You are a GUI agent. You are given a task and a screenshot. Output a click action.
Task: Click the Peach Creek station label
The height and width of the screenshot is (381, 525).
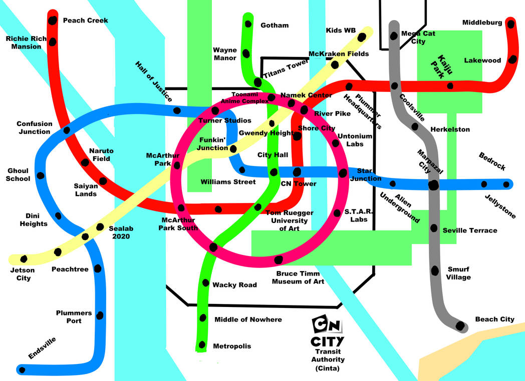[x=85, y=20]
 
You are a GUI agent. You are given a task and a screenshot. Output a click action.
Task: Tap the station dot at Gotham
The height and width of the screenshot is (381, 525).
[x=247, y=23]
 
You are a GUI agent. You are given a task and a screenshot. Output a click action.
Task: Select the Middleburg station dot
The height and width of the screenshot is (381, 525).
[x=510, y=24]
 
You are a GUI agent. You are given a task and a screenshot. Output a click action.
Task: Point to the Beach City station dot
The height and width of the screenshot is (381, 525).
[x=460, y=326]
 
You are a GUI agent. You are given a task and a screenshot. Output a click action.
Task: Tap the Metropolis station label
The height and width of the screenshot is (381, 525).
[x=232, y=346]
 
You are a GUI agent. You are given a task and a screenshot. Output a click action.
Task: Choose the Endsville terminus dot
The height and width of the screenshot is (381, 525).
[x=21, y=370]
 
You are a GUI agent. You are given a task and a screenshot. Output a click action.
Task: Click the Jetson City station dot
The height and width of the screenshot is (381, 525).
[x=24, y=259]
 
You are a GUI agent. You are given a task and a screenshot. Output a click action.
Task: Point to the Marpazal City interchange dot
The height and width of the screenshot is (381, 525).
[x=434, y=185]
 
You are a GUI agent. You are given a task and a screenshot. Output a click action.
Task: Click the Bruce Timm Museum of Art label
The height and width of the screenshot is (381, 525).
[x=298, y=277]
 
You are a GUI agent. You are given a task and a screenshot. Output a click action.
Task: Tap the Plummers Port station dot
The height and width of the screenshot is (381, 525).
[x=100, y=315]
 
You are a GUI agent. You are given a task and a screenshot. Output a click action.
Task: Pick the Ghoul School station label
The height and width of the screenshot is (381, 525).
[x=19, y=174]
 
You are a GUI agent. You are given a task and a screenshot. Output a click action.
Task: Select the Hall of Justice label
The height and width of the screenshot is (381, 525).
[x=154, y=81]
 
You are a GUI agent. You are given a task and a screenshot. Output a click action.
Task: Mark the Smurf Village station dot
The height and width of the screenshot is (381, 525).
[x=435, y=270]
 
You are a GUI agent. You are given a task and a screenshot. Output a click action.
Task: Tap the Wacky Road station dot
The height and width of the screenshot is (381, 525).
[x=205, y=282]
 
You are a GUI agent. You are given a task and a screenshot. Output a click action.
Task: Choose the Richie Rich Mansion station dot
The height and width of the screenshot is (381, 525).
[x=52, y=41]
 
